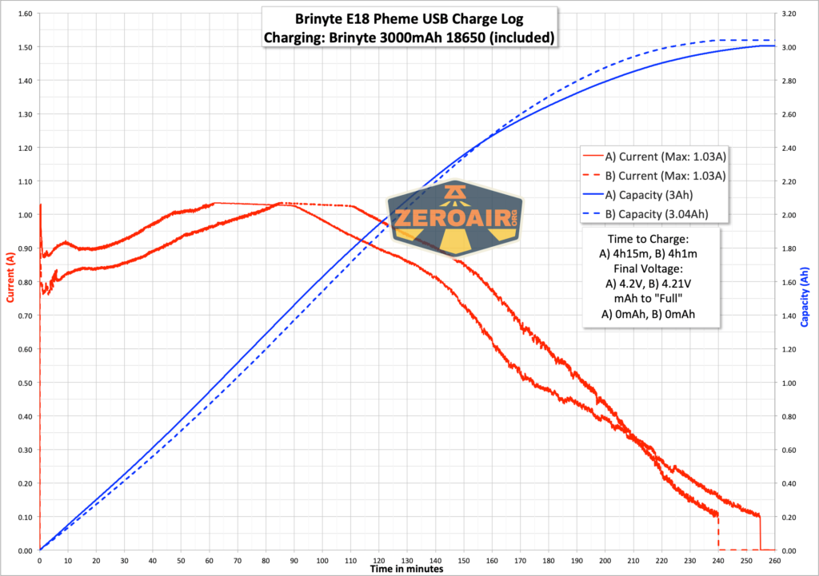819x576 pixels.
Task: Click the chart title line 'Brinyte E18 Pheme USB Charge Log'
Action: pyautogui.click(x=409, y=18)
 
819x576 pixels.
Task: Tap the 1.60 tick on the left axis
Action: pyautogui.click(x=23, y=14)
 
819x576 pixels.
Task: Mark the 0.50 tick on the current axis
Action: pyautogui.click(x=23, y=383)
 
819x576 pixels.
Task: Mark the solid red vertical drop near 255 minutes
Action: pyautogui.click(x=760, y=533)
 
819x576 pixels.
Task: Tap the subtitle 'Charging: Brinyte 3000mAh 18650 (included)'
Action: pyautogui.click(x=409, y=37)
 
